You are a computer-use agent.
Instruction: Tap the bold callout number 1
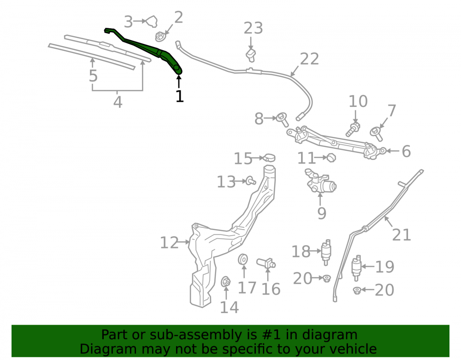[179, 96]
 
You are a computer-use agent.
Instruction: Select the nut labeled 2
[160, 37]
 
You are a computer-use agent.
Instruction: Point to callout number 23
[253, 28]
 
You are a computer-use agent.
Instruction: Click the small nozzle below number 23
[251, 55]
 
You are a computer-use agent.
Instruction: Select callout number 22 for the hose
[309, 59]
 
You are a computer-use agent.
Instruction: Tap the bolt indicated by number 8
[282, 119]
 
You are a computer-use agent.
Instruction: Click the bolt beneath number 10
[353, 130]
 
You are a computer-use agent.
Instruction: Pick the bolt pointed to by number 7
[376, 134]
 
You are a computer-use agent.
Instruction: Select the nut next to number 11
[331, 158]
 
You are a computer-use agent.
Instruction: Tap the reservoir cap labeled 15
[269, 158]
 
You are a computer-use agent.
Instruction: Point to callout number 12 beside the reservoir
[169, 243]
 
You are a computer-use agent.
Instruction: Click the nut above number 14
[225, 282]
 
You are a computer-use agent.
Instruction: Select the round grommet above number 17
[243, 259]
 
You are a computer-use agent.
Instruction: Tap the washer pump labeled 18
[326, 252]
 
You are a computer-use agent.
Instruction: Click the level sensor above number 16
[266, 263]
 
